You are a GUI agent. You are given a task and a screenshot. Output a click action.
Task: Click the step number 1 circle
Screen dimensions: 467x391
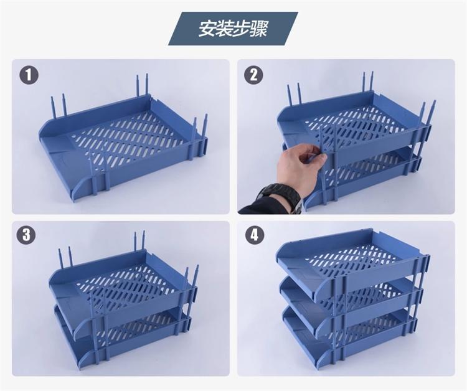(29, 75)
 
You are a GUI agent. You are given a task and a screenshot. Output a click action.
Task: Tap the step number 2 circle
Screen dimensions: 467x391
(253, 75)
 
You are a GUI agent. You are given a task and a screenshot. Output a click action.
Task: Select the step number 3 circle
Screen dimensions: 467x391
(26, 234)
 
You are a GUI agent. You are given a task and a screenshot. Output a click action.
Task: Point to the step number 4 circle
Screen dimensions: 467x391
(254, 235)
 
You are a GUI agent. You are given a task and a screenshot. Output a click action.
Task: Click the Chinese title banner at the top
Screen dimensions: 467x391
(233, 29)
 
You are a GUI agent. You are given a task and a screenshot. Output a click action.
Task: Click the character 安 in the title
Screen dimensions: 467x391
(207, 29)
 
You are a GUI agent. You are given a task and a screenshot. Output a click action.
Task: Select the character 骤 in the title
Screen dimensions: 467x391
(258, 29)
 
